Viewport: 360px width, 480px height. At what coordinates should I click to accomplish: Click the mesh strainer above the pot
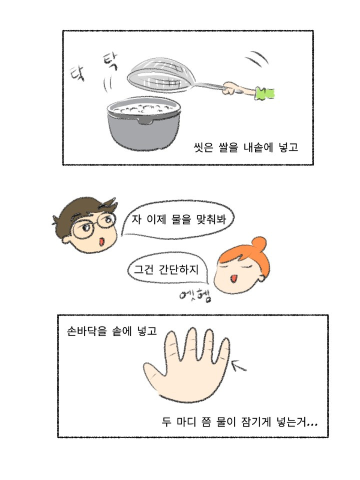click(159, 75)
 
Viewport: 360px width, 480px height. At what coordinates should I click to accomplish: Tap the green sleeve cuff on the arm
click(264, 93)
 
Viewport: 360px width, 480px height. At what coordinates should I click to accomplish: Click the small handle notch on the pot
click(145, 121)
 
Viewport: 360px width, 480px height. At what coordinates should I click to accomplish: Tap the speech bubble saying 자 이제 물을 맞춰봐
click(178, 219)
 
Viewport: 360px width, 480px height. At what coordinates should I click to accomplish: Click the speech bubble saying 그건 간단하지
click(167, 269)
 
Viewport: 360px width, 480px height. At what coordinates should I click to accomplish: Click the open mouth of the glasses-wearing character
click(101, 242)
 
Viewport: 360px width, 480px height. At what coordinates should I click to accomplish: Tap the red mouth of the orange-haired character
click(233, 278)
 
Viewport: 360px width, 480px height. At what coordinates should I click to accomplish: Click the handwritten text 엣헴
click(195, 295)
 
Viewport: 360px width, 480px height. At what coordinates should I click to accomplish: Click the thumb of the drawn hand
click(155, 372)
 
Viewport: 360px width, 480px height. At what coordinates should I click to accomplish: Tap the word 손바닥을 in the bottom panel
click(86, 331)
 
